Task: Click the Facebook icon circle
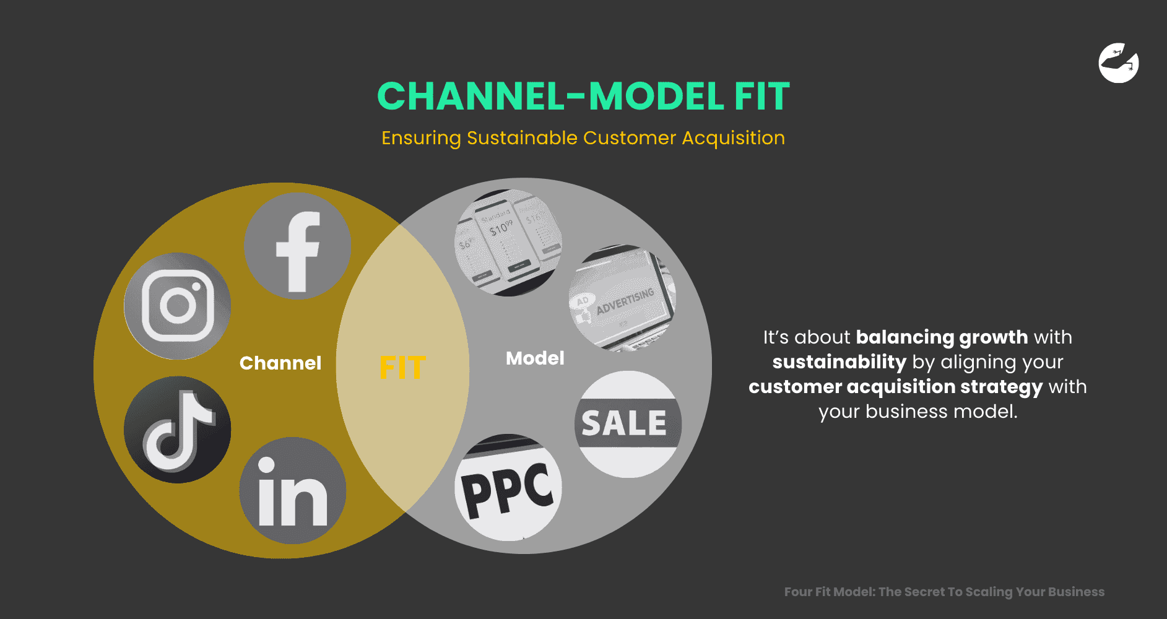(x=297, y=246)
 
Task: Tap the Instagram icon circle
(x=178, y=306)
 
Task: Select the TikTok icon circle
(x=178, y=430)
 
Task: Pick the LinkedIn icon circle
(x=293, y=491)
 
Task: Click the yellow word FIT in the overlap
(x=402, y=368)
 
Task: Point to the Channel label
(x=280, y=363)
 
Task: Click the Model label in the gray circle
(x=535, y=358)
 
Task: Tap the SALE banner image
(x=628, y=425)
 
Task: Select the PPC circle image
(x=508, y=488)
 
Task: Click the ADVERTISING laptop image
(x=622, y=299)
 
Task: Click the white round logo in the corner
(x=1119, y=63)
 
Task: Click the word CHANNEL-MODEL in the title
(x=550, y=97)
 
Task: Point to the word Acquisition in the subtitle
(x=733, y=138)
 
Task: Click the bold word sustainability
(x=839, y=362)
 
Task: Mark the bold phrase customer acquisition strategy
(x=895, y=387)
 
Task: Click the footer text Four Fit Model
(x=829, y=592)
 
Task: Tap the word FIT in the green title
(x=762, y=97)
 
